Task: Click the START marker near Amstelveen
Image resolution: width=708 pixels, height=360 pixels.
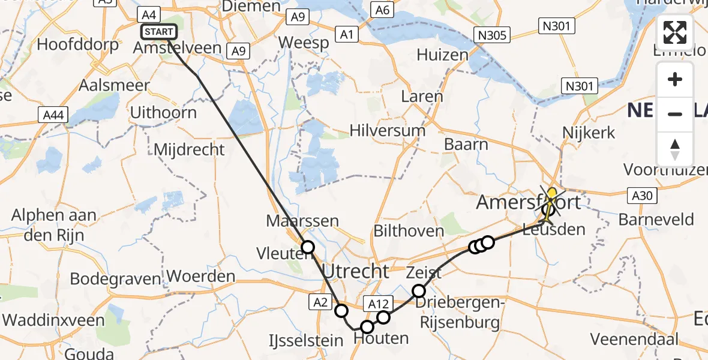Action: pyautogui.click(x=158, y=31)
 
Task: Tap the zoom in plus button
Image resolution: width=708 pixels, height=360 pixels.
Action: pyautogui.click(x=675, y=79)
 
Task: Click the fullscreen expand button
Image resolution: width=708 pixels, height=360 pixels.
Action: pyautogui.click(x=675, y=32)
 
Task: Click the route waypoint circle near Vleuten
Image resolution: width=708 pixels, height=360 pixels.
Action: pyautogui.click(x=308, y=247)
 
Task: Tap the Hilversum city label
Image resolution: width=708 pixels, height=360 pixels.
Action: pyautogui.click(x=388, y=130)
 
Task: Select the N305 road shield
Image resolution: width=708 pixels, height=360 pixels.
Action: pyautogui.click(x=493, y=35)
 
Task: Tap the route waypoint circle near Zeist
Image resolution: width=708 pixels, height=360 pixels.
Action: pyautogui.click(x=419, y=292)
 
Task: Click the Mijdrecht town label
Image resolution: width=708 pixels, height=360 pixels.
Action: pyautogui.click(x=190, y=149)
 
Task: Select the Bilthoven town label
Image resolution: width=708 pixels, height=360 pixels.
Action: pyautogui.click(x=408, y=230)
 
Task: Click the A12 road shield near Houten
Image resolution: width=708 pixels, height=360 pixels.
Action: pyautogui.click(x=377, y=304)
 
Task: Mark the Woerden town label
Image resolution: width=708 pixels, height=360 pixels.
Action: pyautogui.click(x=201, y=277)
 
